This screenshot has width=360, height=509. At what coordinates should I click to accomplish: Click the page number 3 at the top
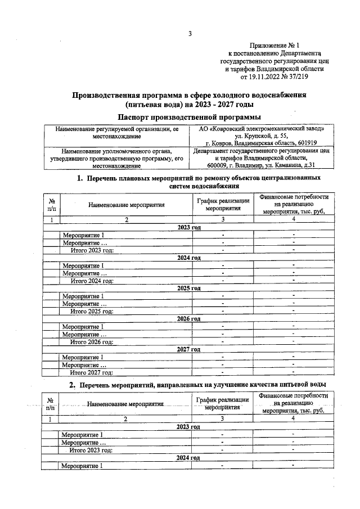(190, 34)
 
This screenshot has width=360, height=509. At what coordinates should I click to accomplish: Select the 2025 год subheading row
(189, 288)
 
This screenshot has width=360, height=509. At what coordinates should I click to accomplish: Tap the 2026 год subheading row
(189, 318)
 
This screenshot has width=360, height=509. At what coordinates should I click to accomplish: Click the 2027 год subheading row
(189, 349)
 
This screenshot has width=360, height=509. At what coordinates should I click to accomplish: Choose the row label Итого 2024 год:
(92, 280)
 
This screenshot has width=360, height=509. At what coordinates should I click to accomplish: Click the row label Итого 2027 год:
(92, 372)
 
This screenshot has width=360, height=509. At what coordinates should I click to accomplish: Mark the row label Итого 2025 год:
(92, 310)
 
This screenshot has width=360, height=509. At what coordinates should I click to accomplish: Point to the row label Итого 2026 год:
(92, 341)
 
